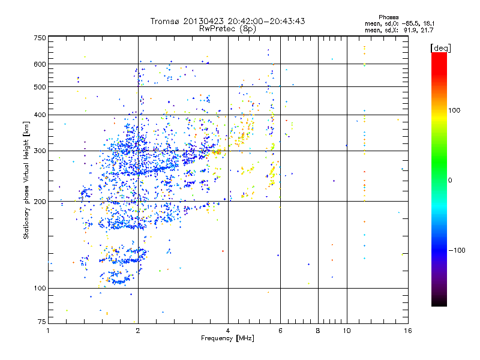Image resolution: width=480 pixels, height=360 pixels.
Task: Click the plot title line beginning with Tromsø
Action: pyautogui.click(x=227, y=21)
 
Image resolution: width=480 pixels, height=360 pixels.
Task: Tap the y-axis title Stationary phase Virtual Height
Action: pyautogui.click(x=26, y=180)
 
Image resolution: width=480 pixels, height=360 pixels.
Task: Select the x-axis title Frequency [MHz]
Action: pyautogui.click(x=227, y=339)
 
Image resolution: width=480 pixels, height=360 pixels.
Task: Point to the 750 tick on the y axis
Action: pyautogui.click(x=40, y=37)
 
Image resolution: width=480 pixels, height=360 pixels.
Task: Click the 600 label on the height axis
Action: pyautogui.click(x=40, y=64)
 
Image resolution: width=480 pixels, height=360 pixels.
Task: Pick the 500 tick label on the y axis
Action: pyautogui.click(x=40, y=87)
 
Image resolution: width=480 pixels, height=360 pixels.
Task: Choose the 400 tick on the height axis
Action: pyautogui.click(x=40, y=115)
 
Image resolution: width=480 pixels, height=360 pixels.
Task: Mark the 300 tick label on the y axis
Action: pyautogui.click(x=40, y=151)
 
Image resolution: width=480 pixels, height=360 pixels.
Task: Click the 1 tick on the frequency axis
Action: pyautogui.click(x=49, y=331)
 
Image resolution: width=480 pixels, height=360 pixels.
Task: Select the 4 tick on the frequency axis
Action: pyautogui.click(x=228, y=331)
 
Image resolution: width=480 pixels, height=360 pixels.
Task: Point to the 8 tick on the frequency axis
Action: pyautogui.click(x=318, y=331)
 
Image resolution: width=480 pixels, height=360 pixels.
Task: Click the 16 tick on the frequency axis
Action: pyautogui.click(x=407, y=331)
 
